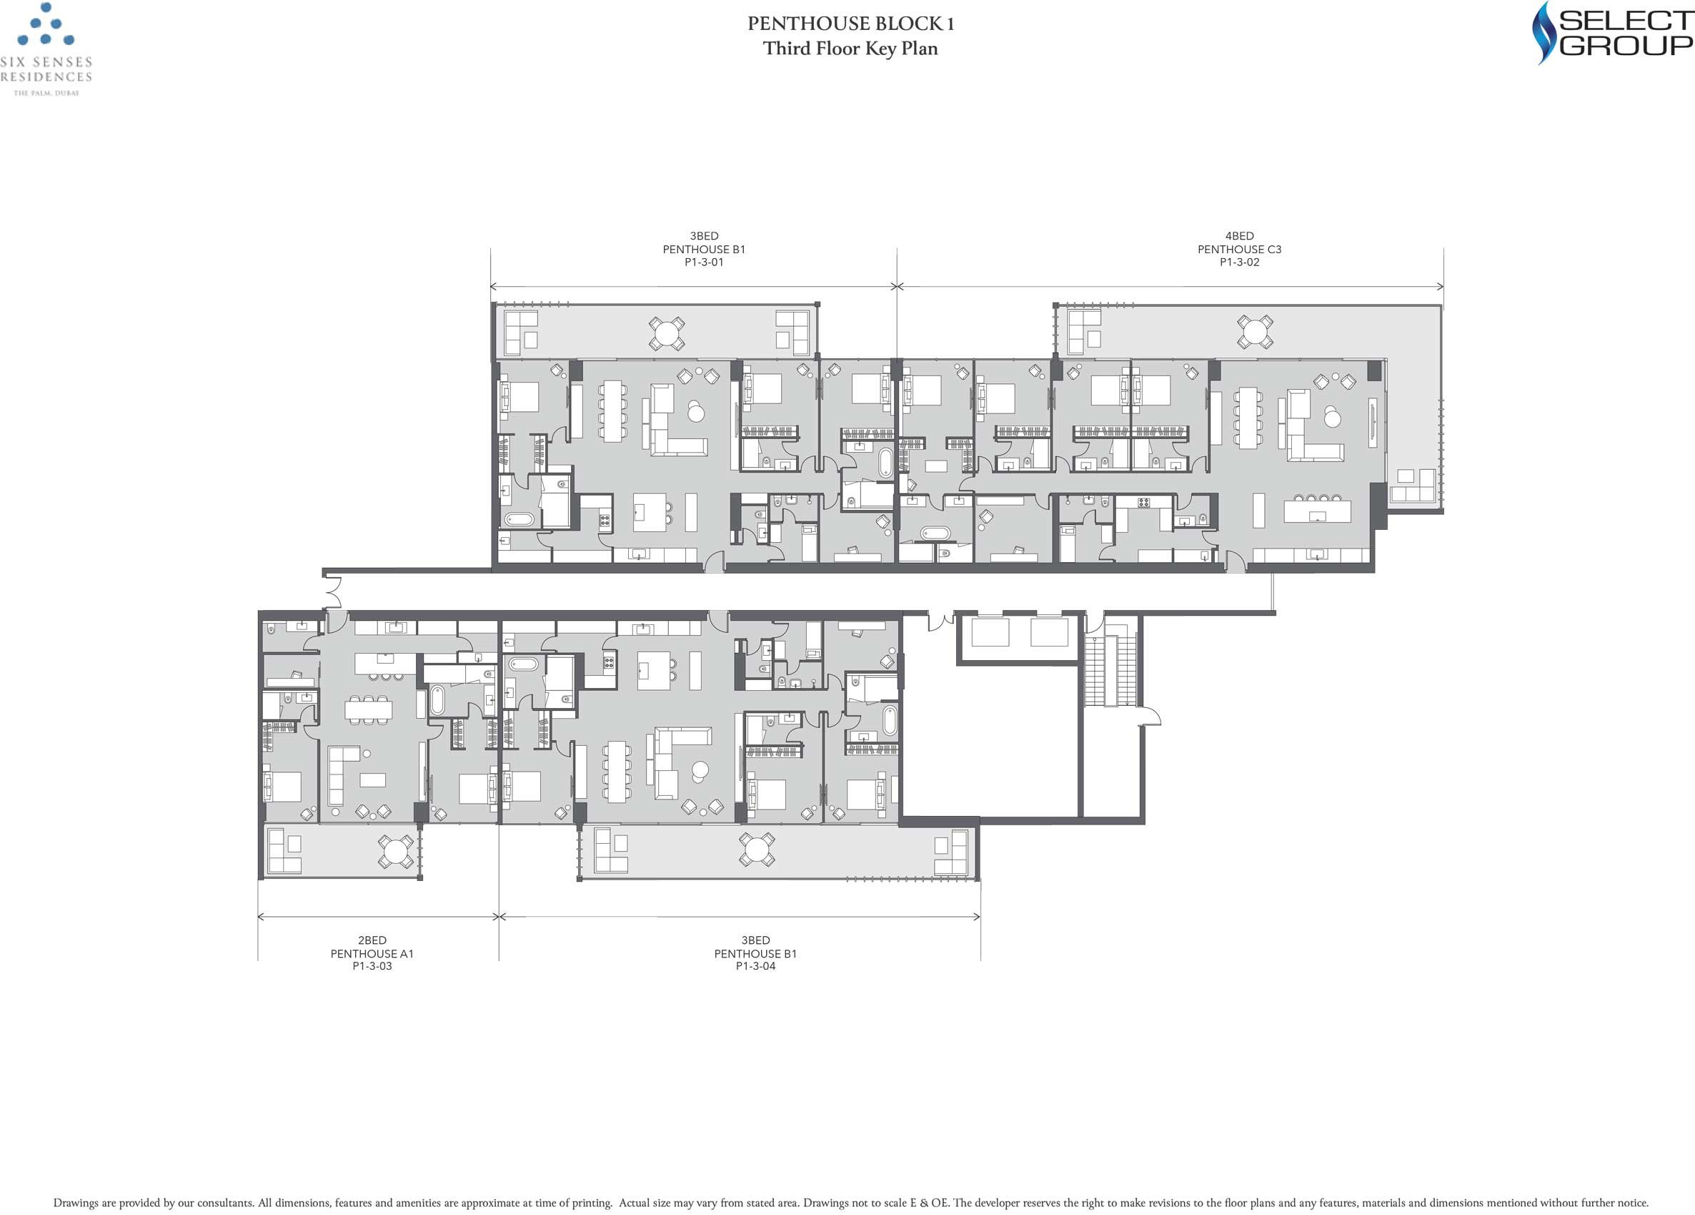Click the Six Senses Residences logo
(46, 49)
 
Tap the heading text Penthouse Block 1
(850, 23)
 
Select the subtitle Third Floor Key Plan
(850, 49)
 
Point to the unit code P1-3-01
(704, 262)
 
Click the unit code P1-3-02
(1239, 262)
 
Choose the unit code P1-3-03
(372, 966)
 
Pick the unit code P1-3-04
(755, 966)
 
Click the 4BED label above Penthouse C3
(1239, 235)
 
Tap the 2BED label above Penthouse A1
(372, 940)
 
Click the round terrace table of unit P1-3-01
(667, 333)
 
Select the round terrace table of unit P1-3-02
(1255, 332)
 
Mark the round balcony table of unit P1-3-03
(395, 851)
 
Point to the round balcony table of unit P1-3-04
(756, 850)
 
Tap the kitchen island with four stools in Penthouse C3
(1318, 509)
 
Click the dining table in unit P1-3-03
(369, 709)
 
